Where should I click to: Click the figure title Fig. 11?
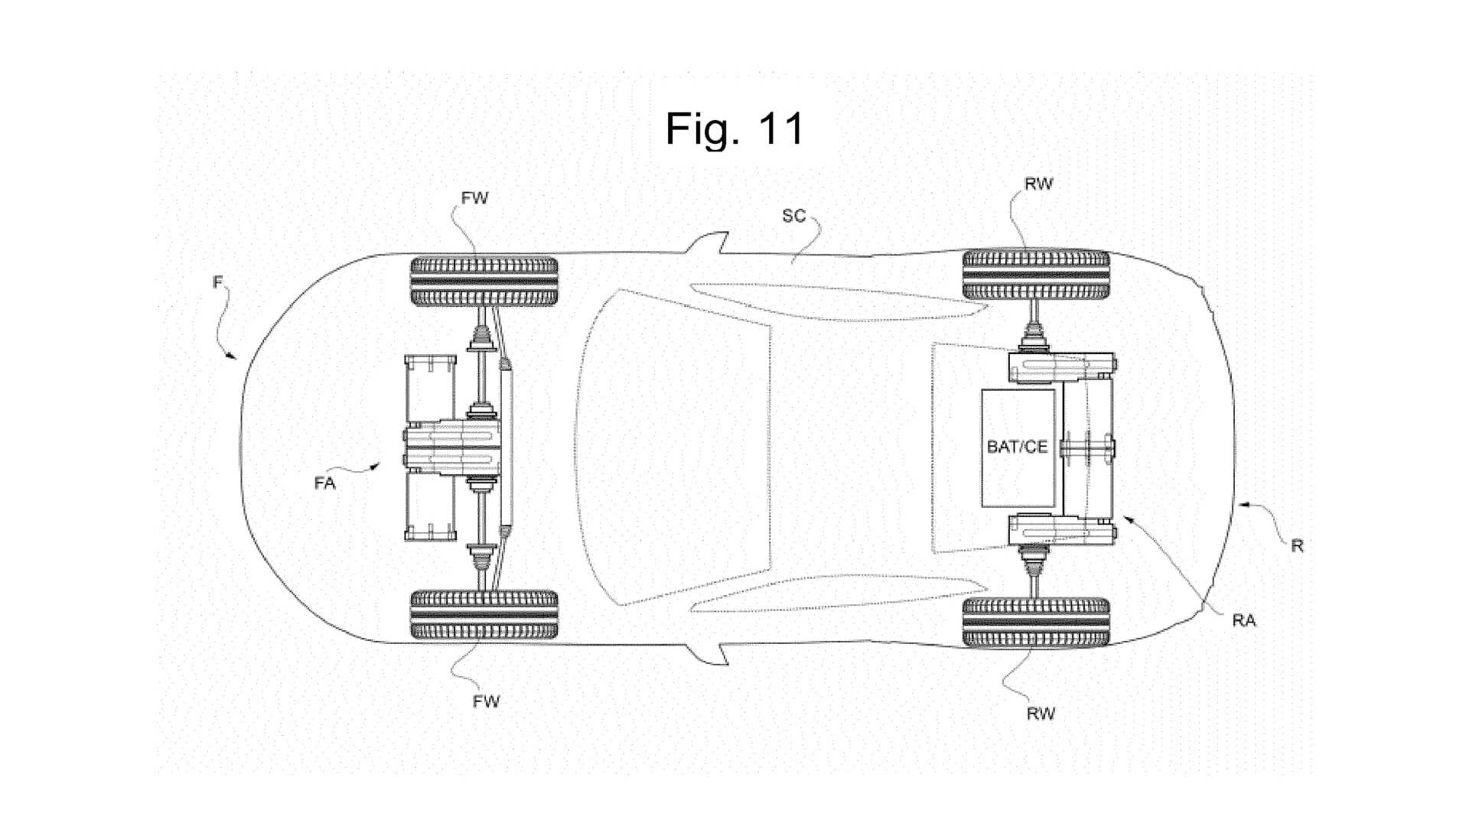[x=734, y=128]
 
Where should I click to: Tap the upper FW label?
[x=474, y=198]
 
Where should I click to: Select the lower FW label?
[x=486, y=701]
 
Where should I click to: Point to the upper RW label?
[x=1038, y=184]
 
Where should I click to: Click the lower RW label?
[x=1041, y=714]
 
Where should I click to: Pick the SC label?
[x=793, y=216]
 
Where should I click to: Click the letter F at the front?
[x=217, y=282]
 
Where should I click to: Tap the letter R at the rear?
[x=1297, y=545]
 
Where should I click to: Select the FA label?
[x=324, y=483]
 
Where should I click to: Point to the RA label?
[x=1244, y=620]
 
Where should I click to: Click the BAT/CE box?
[x=1018, y=447]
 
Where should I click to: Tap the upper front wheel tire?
[x=484, y=281]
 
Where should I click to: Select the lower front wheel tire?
[x=484, y=614]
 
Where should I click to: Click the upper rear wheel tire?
[x=1036, y=274]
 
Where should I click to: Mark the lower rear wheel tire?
[x=1036, y=622]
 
